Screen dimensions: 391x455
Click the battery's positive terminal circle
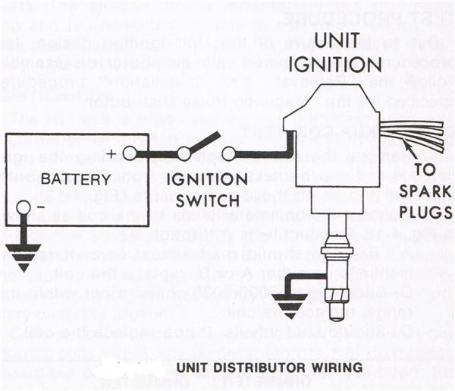click(131, 154)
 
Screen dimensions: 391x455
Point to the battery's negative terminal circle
click(24, 207)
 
